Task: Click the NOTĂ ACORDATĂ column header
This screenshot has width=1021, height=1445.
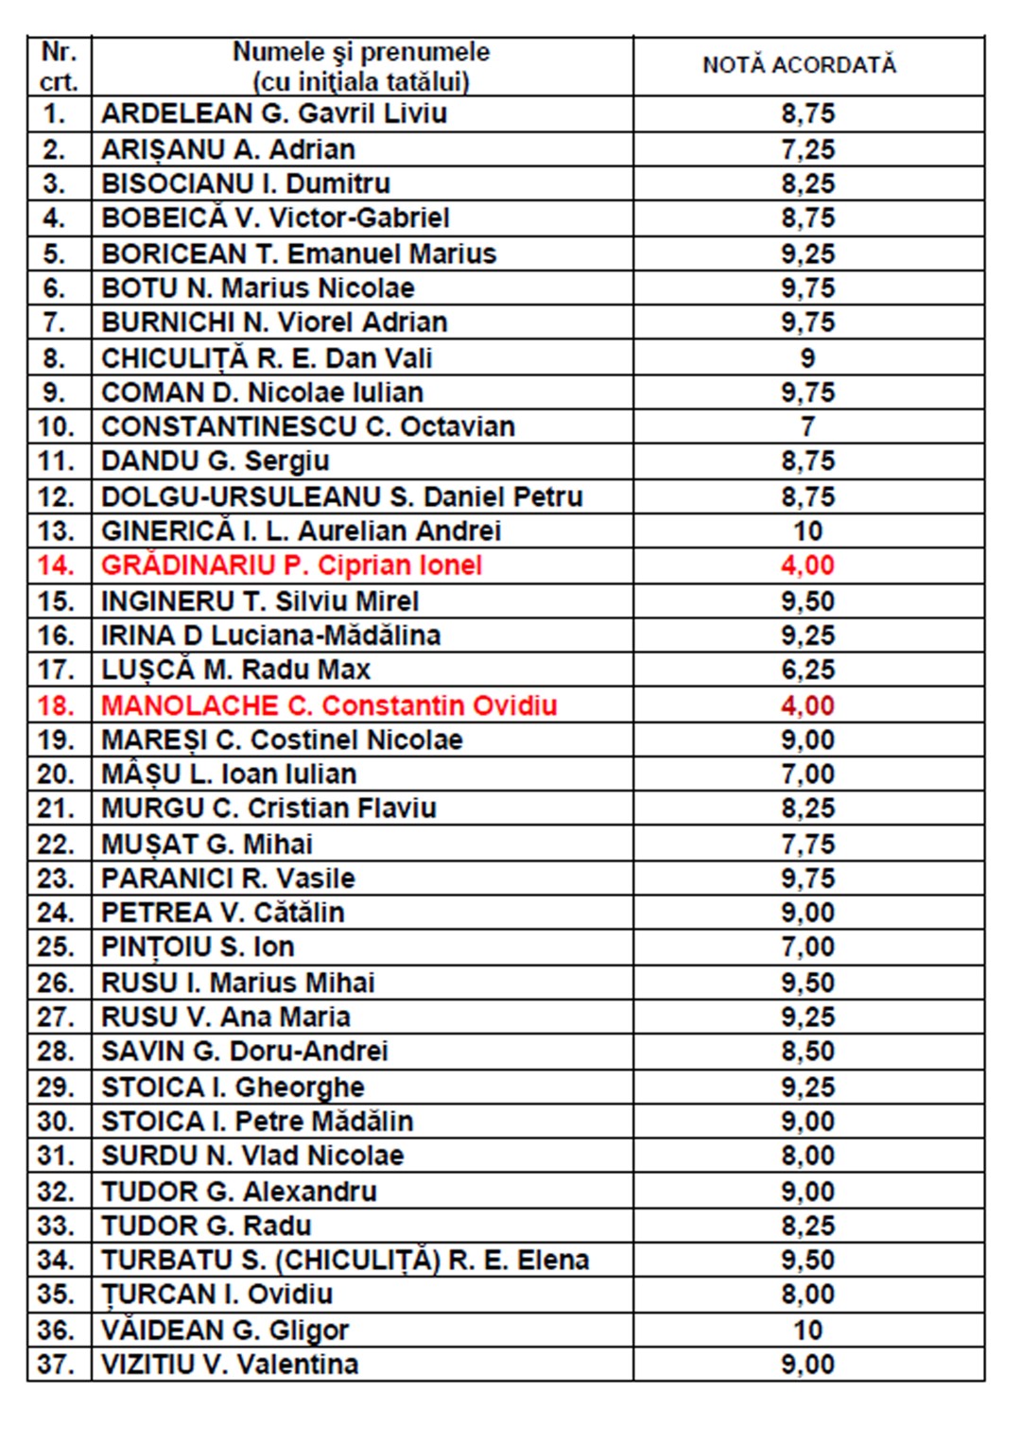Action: coord(799,65)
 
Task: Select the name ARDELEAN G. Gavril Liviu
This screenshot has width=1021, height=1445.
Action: coord(274,114)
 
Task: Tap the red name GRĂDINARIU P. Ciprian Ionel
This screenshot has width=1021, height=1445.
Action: coord(291,566)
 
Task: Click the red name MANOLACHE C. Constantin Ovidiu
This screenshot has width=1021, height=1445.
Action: coord(329,705)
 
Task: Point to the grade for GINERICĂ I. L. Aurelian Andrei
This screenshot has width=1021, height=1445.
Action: coord(807,531)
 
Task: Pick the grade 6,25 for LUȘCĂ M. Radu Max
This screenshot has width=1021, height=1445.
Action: coord(807,670)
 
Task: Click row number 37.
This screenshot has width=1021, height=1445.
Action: coord(56,1365)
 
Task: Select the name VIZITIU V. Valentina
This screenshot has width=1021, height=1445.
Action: coord(230,1365)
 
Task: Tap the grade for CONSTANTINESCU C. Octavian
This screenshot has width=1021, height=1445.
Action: coord(807,427)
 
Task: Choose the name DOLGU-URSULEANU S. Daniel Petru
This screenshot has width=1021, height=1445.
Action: coord(342,496)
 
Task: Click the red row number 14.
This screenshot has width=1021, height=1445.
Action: coord(56,566)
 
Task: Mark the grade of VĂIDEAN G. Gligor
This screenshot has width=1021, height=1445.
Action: coord(807,1331)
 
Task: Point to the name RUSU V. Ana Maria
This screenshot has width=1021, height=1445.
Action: coord(226,1017)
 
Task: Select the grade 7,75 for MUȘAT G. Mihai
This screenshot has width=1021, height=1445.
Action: coord(807,844)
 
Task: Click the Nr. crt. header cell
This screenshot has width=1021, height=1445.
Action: coord(59,66)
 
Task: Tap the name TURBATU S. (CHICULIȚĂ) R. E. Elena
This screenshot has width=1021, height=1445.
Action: coord(345,1261)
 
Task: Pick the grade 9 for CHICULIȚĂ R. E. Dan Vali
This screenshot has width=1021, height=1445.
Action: coord(807,358)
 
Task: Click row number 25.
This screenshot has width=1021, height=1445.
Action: coord(56,947)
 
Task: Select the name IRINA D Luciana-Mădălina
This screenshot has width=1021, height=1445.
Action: coord(270,635)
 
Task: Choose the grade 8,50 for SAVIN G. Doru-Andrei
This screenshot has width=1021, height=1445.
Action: coord(807,1052)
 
